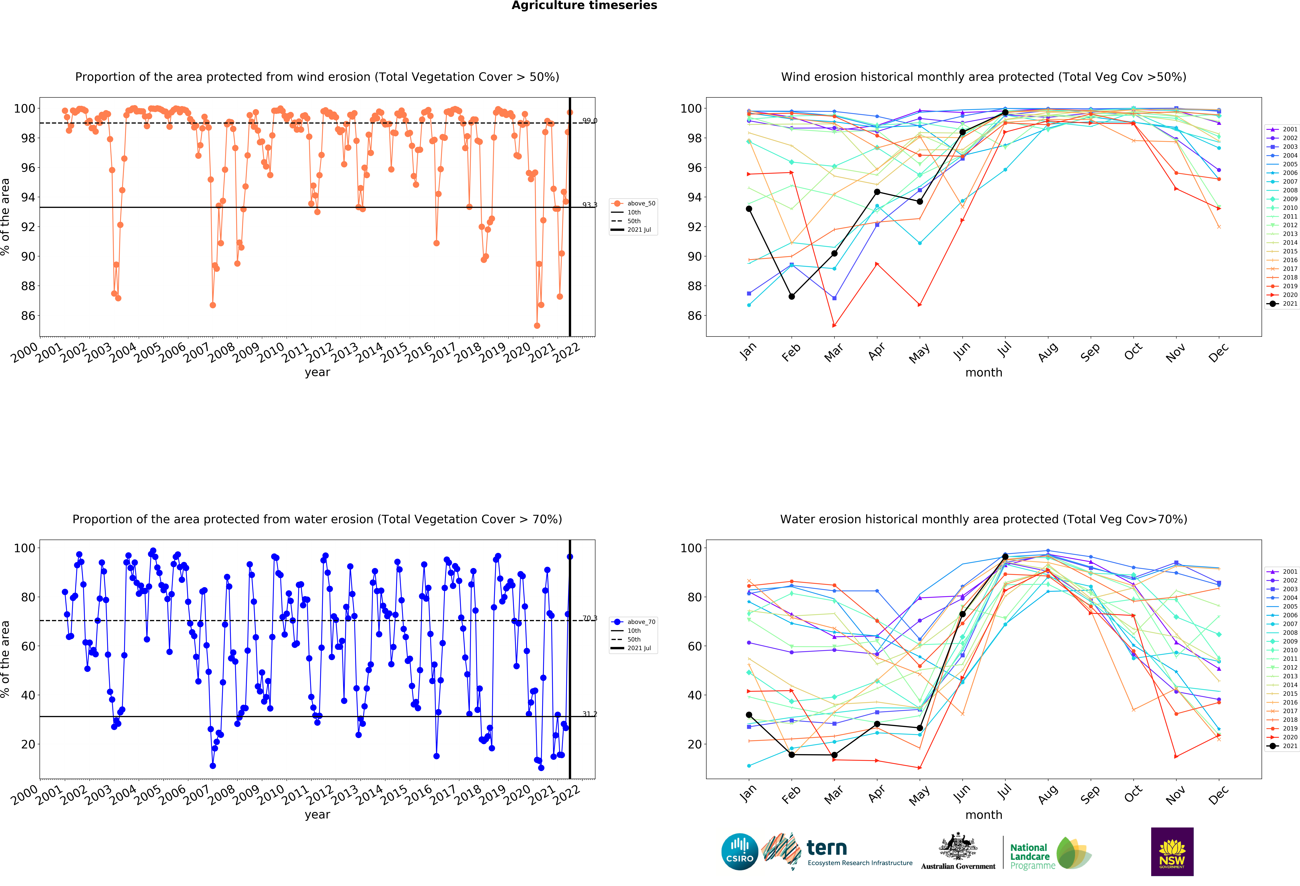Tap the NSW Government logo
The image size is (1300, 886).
point(1172,851)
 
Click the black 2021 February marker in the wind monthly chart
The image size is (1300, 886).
point(792,296)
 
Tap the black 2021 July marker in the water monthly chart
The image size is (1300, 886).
point(1005,557)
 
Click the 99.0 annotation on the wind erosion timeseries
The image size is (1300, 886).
point(590,121)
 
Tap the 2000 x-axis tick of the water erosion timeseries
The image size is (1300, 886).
point(25,795)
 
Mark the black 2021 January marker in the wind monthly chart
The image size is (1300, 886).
point(749,209)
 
